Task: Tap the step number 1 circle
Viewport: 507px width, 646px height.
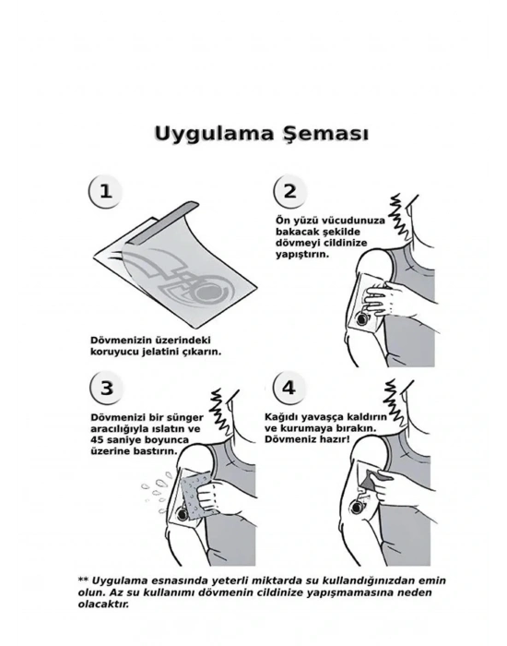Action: (x=105, y=191)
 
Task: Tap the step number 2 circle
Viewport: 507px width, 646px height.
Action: (x=290, y=191)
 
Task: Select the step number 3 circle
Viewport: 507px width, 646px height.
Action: (x=106, y=388)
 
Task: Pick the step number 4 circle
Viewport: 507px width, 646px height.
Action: (x=289, y=388)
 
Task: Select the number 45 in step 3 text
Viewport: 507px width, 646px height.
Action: (x=97, y=439)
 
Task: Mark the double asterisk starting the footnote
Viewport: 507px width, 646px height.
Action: (x=83, y=580)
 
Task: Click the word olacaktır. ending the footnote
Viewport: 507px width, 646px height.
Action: (x=103, y=604)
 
